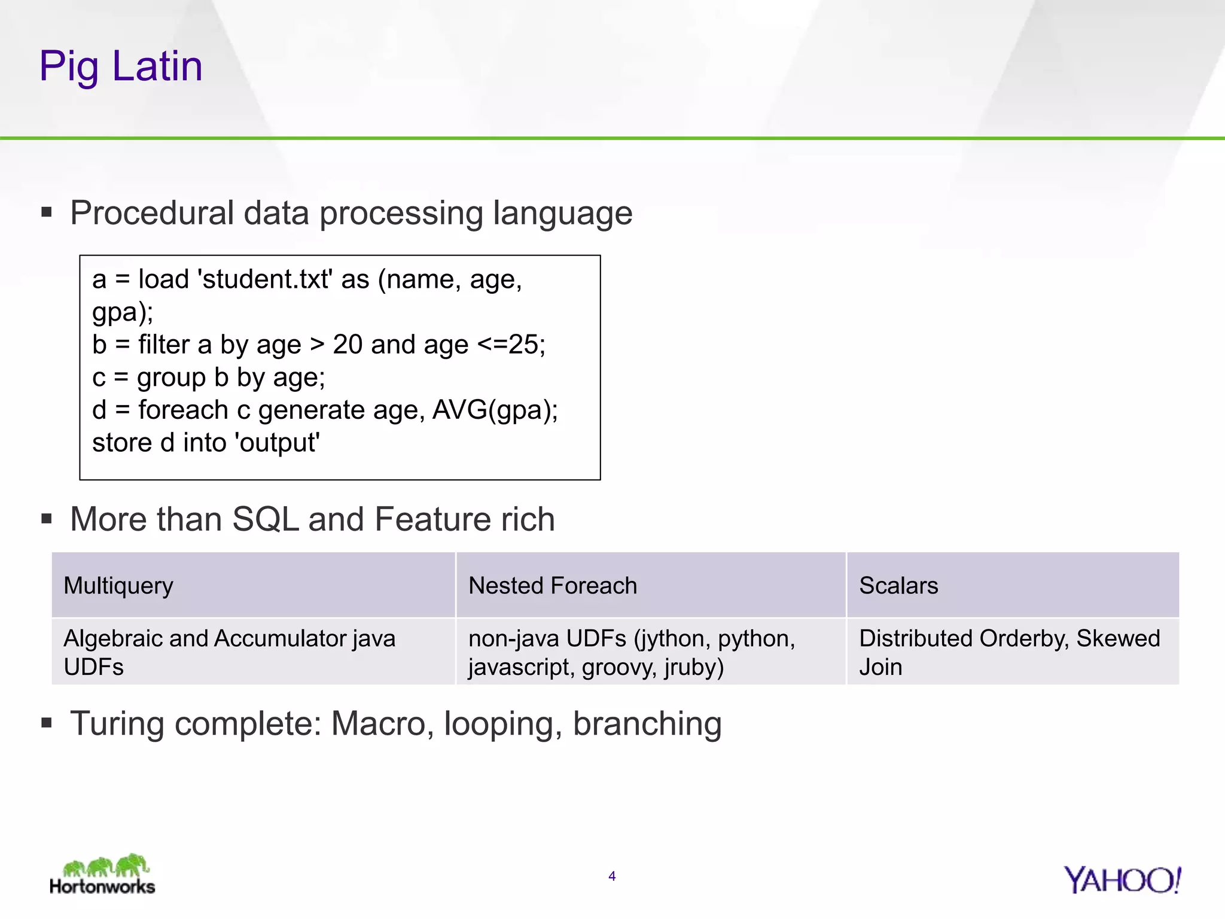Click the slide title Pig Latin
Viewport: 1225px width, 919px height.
[x=121, y=66]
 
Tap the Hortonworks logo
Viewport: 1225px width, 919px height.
[x=102, y=875]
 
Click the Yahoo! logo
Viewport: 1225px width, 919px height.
[x=1122, y=880]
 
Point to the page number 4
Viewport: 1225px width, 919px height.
[x=612, y=877]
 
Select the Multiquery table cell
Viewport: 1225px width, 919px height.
[x=253, y=585]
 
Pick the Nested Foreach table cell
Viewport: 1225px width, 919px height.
[x=650, y=585]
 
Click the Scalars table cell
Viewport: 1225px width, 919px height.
[x=1012, y=585]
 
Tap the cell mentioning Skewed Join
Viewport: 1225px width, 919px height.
[x=1012, y=652]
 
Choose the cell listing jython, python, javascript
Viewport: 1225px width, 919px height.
[x=650, y=652]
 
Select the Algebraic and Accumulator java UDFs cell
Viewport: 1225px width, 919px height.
[x=253, y=652]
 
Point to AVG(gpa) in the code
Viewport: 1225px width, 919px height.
[x=493, y=410]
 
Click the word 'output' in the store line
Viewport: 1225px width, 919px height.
[x=278, y=443]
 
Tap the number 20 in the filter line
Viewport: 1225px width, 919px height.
[x=348, y=345]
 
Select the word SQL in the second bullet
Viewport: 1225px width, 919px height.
[x=266, y=519]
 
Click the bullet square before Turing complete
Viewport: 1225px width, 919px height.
[x=47, y=723]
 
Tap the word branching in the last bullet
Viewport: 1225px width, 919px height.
[x=647, y=724]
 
